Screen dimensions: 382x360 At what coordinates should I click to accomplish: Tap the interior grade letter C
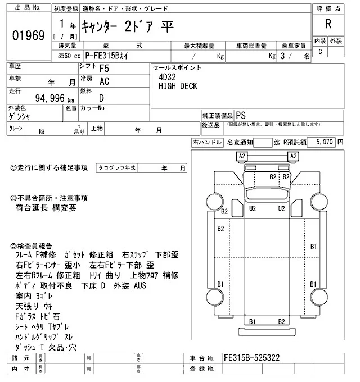click(320, 52)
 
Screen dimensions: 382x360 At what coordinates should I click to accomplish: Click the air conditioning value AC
click(104, 81)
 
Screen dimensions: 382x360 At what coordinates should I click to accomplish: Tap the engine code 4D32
click(167, 78)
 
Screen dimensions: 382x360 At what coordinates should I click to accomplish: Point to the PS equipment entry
click(241, 114)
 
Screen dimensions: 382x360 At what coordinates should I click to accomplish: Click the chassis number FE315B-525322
click(252, 358)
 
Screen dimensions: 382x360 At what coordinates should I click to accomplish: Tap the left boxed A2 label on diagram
click(242, 156)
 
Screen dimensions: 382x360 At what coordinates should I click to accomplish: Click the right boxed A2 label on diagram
click(292, 156)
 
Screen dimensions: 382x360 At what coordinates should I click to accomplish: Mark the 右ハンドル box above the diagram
click(208, 143)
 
